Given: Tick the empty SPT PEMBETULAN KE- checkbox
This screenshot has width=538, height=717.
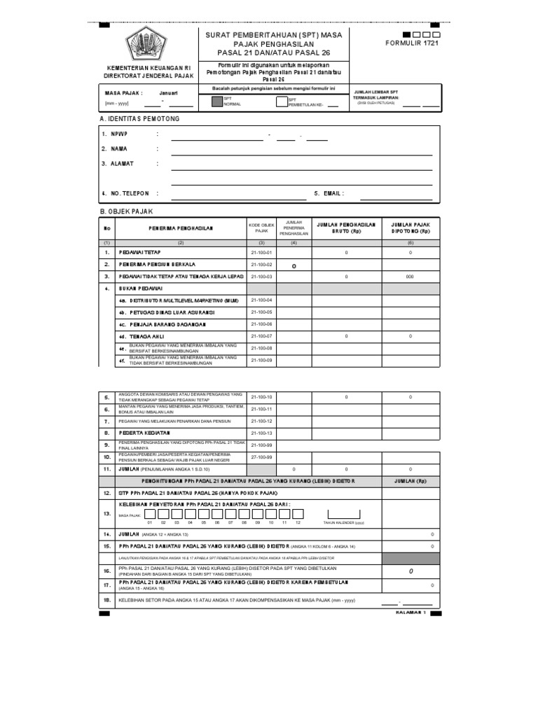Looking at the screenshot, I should point(282,102).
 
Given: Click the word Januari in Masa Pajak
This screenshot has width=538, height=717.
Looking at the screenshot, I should point(169,92).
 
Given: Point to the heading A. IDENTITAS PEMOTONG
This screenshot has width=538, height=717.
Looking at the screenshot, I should point(140,119).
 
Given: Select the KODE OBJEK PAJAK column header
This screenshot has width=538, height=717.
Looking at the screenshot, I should point(261,228).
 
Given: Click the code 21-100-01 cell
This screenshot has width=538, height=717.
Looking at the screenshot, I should point(261,252).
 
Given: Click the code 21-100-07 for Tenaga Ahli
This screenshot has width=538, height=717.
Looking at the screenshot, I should point(261,336).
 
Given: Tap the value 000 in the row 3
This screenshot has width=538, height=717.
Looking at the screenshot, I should point(411,277).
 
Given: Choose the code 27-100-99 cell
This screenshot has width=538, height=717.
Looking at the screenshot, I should point(261,457).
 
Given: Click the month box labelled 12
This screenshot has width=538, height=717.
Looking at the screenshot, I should point(298,513).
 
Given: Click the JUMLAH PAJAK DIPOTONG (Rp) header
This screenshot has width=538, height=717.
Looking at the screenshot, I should point(411,227).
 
